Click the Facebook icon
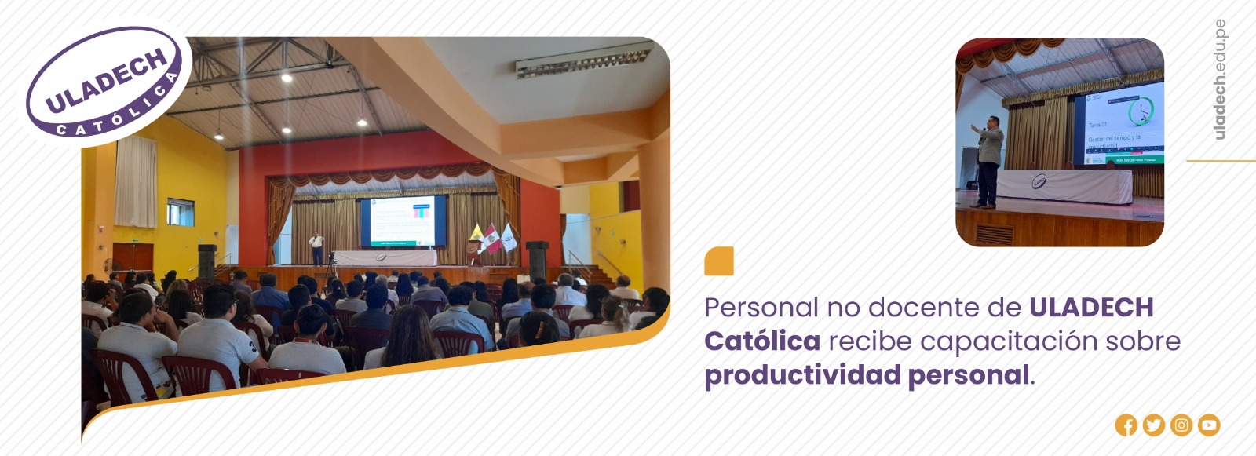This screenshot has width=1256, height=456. click(x=1126, y=425)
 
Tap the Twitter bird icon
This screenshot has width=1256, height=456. click(x=1153, y=425)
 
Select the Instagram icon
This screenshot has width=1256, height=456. click(x=1181, y=425)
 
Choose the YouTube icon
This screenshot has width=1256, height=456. click(x=1209, y=425)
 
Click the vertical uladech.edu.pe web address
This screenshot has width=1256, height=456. click(x=1219, y=79)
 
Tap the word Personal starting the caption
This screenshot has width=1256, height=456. click(x=761, y=308)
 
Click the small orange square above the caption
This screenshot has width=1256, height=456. click(x=719, y=261)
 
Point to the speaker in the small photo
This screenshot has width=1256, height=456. click(x=988, y=161)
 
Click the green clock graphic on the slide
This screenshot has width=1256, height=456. click(x=1140, y=111)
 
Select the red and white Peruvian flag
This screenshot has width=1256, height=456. click(x=492, y=239)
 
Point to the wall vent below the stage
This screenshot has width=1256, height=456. click(x=994, y=235)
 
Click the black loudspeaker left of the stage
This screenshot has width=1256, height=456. click(x=206, y=261)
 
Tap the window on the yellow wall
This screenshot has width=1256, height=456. click(x=180, y=212)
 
